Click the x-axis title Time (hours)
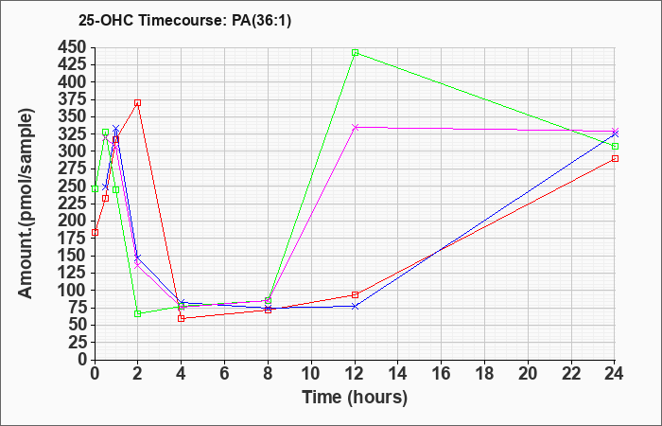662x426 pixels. click(x=355, y=398)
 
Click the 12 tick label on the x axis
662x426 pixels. click(x=355, y=373)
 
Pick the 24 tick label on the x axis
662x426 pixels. click(x=615, y=373)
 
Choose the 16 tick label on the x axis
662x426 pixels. click(x=442, y=373)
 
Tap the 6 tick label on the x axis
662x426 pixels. click(x=224, y=373)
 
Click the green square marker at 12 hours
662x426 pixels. click(x=355, y=53)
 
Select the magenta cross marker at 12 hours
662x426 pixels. click(x=355, y=127)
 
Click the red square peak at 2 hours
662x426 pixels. click(x=137, y=102)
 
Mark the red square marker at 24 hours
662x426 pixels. click(x=615, y=158)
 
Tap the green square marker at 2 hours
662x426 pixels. click(x=137, y=313)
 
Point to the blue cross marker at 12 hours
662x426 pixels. click(x=355, y=306)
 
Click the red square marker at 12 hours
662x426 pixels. click(x=355, y=294)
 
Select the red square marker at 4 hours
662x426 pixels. click(x=181, y=318)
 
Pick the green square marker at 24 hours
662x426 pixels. click(x=615, y=146)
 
